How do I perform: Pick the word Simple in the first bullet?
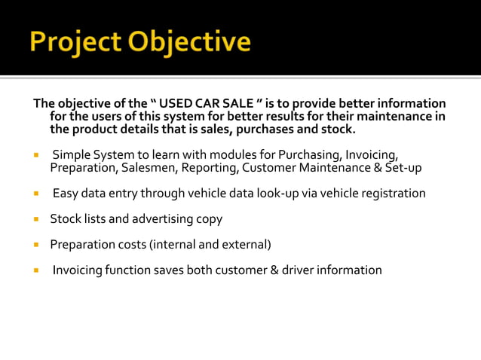pyautogui.click(x=72, y=155)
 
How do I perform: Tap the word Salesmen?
pyautogui.click(x=146, y=167)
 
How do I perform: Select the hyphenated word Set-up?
pyautogui.click(x=403, y=167)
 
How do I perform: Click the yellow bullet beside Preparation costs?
pyautogui.click(x=35, y=245)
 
